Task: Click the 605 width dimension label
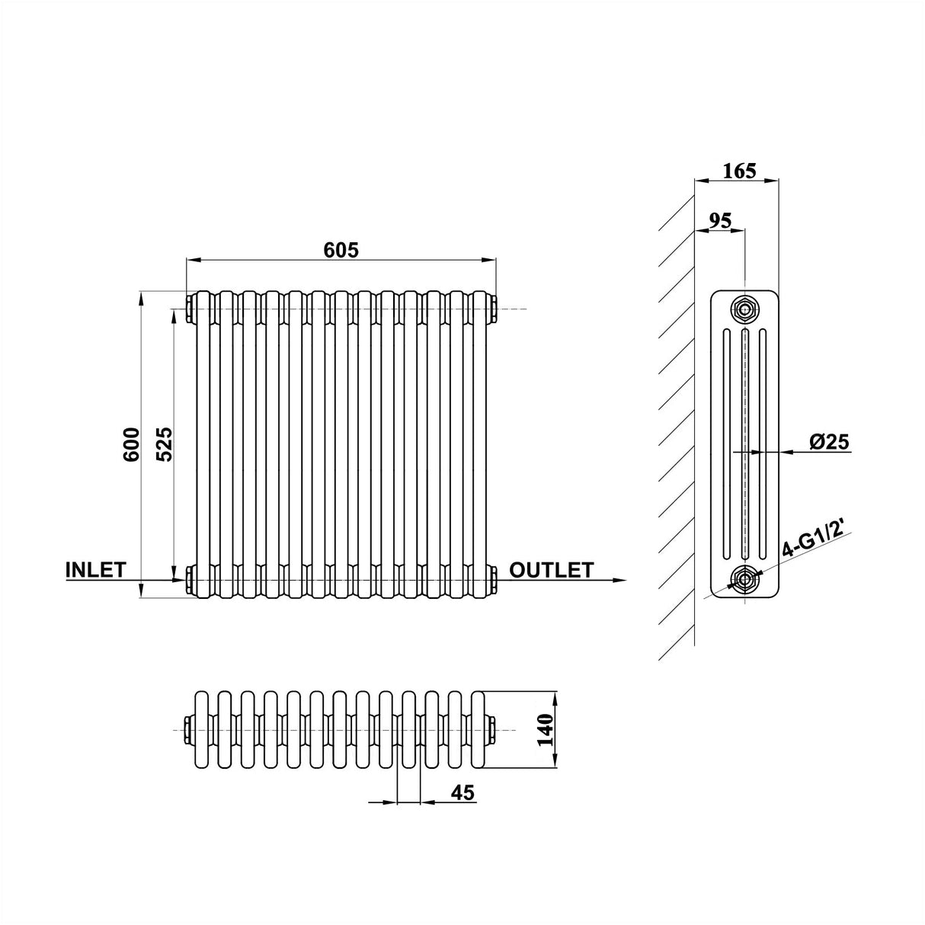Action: click(x=341, y=249)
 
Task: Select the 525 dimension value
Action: click(x=165, y=443)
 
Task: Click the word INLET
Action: click(x=95, y=570)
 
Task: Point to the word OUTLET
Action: click(x=551, y=570)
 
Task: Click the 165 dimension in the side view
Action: click(x=739, y=170)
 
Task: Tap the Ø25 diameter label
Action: click(x=829, y=441)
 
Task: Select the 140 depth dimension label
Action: click(x=546, y=731)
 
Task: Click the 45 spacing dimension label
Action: click(x=462, y=793)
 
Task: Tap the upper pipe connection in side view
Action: click(x=744, y=309)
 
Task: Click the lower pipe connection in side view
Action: click(x=744, y=578)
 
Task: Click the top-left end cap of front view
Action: click(x=188, y=308)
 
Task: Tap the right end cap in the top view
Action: click(x=495, y=730)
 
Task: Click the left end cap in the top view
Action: click(x=188, y=730)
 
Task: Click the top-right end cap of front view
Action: click(x=495, y=308)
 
